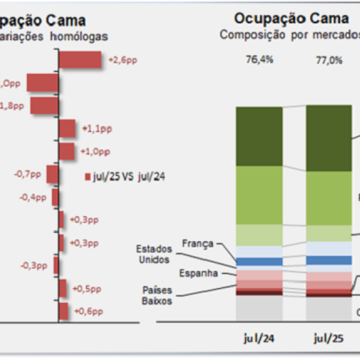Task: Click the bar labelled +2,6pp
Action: pos(80,60)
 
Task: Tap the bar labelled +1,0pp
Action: pos(67,151)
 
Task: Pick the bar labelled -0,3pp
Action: pos(56,265)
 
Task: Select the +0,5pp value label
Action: pos(87,289)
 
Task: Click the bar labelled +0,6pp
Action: pos(63,311)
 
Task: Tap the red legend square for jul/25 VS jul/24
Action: pos(88,176)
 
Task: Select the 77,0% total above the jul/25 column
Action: pos(328,59)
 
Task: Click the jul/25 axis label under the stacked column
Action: pos(328,338)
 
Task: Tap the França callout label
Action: pos(197,244)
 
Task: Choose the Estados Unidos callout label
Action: pos(153,254)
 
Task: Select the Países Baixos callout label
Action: pos(157,295)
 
